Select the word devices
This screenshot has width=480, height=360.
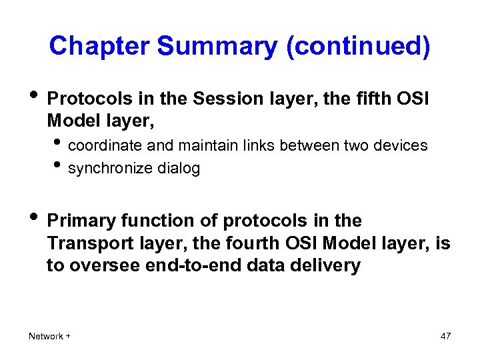(403, 145)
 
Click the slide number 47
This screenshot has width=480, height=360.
(445, 336)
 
